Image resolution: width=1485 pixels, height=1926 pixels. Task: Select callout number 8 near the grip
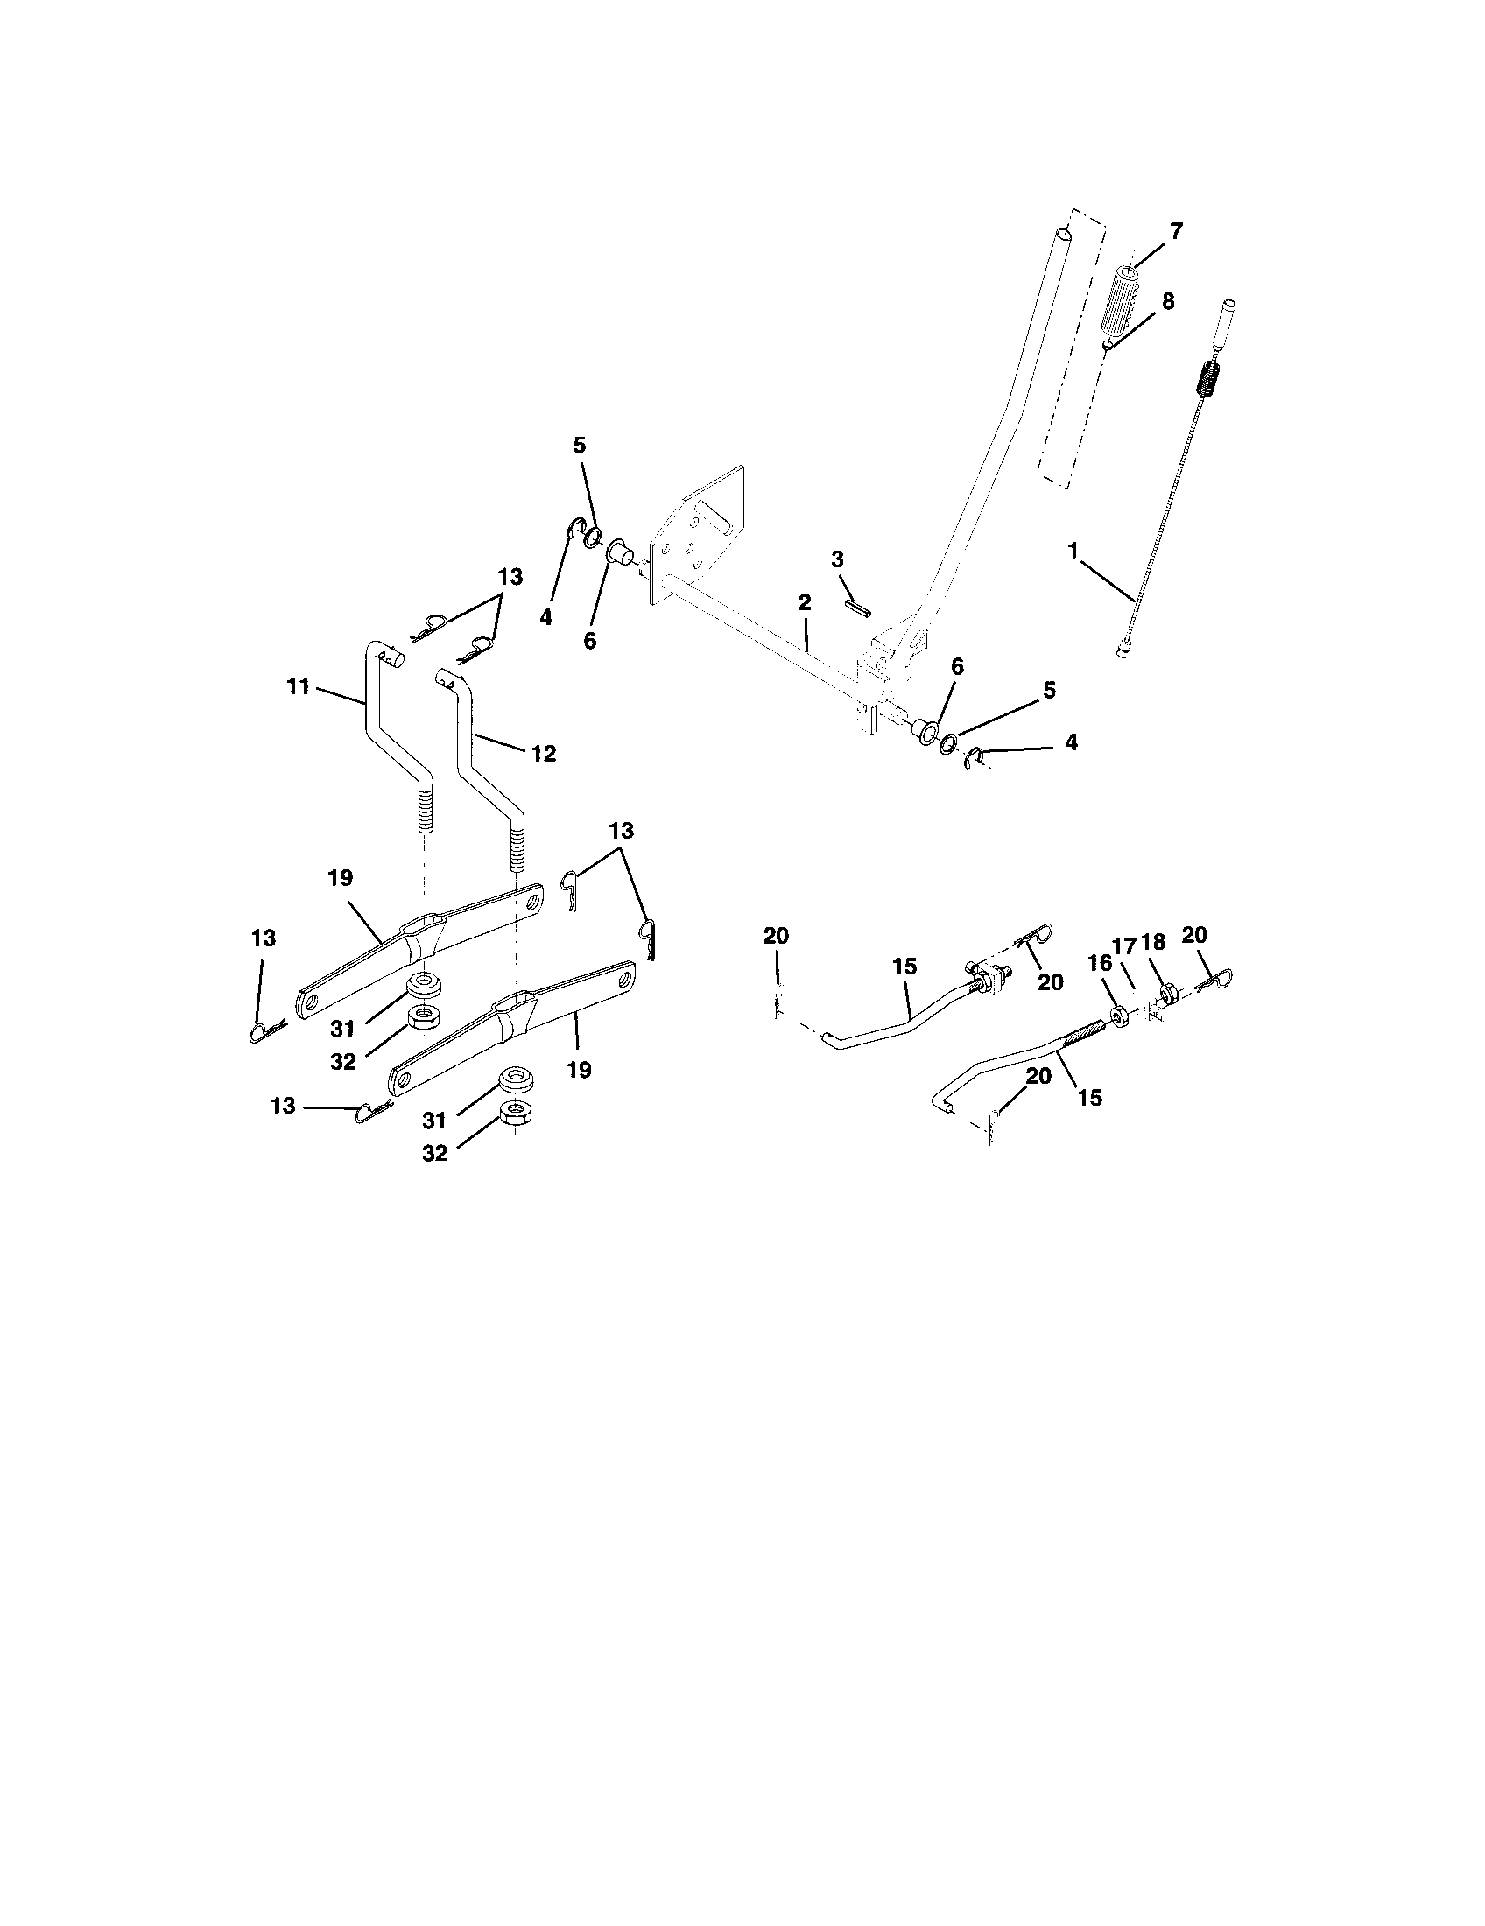pyautogui.click(x=1167, y=302)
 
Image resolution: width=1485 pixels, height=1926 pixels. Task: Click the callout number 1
pyautogui.click(x=1073, y=551)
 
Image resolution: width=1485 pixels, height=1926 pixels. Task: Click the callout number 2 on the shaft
pyautogui.click(x=804, y=603)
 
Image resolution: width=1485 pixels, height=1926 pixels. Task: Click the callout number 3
pyautogui.click(x=838, y=559)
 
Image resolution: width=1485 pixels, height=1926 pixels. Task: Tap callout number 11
pyautogui.click(x=298, y=686)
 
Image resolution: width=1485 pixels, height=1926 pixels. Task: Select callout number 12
pyautogui.click(x=544, y=754)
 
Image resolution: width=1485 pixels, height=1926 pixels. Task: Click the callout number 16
pyautogui.click(x=1101, y=963)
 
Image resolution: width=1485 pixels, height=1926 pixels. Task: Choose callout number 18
pyautogui.click(x=1153, y=942)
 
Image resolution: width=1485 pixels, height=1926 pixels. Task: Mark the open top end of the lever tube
pyautogui.click(x=1066, y=236)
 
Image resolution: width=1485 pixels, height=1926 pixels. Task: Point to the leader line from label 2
pyautogui.click(x=806, y=630)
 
